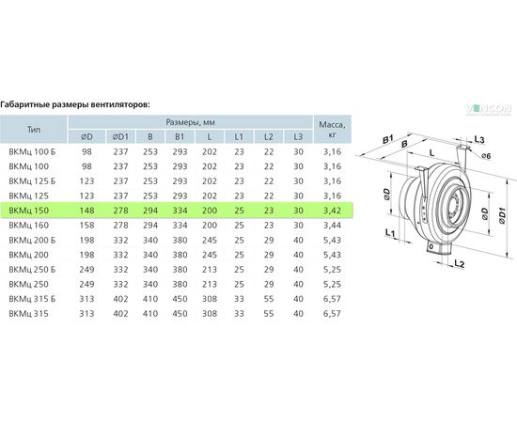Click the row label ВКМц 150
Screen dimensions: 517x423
pyautogui.click(x=29, y=211)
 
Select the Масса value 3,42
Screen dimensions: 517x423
pyautogui.click(x=332, y=211)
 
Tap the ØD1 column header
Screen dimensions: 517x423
pyautogui.click(x=120, y=136)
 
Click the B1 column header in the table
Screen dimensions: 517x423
pyautogui.click(x=180, y=136)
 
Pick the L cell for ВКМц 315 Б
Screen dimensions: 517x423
pyautogui.click(x=210, y=299)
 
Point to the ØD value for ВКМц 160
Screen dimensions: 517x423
pyautogui.click(x=86, y=226)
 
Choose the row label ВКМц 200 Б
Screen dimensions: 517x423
pyautogui.click(x=32, y=240)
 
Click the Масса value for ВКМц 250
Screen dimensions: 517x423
pyautogui.click(x=332, y=284)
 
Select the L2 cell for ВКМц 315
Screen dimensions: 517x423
pyautogui.click(x=269, y=314)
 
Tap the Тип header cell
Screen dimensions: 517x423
pyautogui.click(x=34, y=129)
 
